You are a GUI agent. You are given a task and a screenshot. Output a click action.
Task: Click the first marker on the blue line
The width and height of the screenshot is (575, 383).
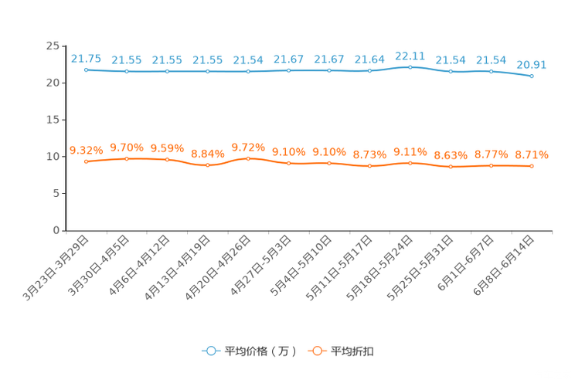pos(87,69)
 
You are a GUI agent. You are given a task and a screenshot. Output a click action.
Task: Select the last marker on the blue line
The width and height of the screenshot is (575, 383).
pos(532,76)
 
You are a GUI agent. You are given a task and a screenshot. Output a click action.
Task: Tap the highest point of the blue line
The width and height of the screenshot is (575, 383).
pos(410,67)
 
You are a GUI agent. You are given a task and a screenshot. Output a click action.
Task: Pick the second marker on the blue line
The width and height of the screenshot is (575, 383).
pos(127,72)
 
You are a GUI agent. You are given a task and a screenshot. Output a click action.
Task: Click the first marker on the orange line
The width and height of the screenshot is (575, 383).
pos(87,161)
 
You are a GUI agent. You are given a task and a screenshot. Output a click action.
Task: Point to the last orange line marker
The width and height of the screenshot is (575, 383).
pos(532,166)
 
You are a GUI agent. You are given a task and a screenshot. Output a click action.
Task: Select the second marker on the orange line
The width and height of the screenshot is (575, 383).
pos(127,158)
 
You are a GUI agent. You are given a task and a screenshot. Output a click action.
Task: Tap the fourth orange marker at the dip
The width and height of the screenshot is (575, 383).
pos(208,165)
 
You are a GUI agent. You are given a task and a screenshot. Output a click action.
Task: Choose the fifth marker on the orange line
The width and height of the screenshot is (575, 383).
pos(248,158)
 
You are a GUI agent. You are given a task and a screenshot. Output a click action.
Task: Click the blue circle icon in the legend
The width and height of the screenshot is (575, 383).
pos(209,351)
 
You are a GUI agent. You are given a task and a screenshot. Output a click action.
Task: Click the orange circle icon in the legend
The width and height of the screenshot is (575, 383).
pos(316,351)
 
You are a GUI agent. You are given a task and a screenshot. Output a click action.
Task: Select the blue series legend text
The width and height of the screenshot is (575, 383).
pos(259,351)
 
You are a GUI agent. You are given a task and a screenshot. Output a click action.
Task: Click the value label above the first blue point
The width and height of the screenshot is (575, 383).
pos(86,58)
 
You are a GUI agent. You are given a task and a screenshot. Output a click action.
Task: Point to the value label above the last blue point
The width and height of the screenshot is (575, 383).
pos(532,64)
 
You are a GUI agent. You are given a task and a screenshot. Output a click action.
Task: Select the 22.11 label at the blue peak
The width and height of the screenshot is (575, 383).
pos(410,55)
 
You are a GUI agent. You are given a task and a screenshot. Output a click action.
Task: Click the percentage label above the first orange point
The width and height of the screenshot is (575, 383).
pos(87,150)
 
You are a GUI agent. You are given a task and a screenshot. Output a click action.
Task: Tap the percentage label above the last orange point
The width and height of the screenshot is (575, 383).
pos(532,155)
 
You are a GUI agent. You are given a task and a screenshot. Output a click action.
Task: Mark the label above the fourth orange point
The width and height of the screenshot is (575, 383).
pos(208,154)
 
